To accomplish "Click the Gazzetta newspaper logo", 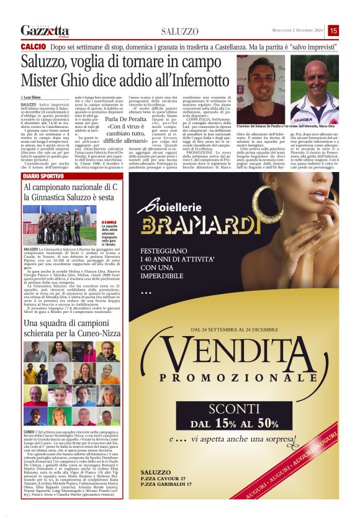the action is click(x=45, y=30).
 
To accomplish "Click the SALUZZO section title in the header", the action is click(x=179, y=31).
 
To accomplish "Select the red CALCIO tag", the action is click(x=33, y=47).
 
